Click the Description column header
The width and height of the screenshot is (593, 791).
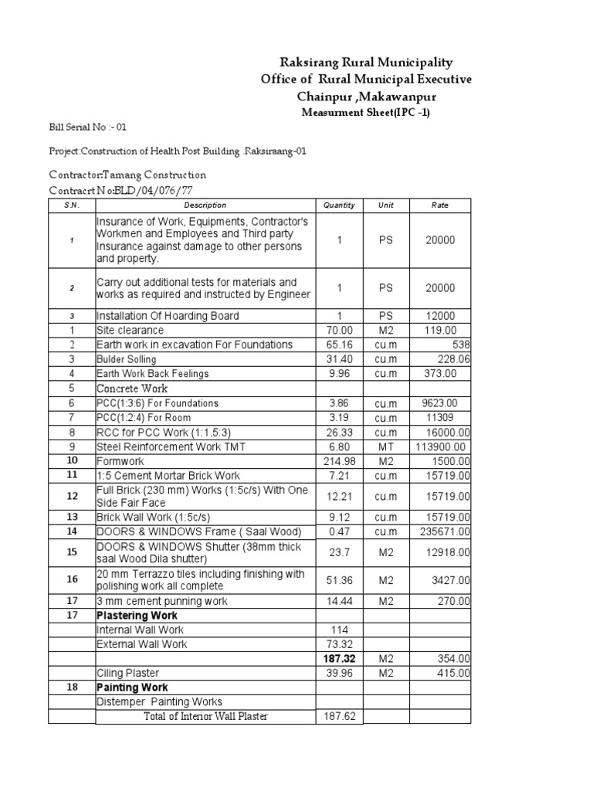(x=205, y=205)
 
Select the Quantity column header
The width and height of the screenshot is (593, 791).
(x=339, y=205)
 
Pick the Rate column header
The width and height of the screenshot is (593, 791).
(x=439, y=205)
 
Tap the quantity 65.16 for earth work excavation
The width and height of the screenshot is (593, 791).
(x=339, y=345)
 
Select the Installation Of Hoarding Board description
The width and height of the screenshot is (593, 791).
(x=168, y=316)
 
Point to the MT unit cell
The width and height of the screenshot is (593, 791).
(x=385, y=446)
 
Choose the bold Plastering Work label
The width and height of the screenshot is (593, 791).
(x=137, y=616)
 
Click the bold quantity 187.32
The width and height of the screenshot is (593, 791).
(x=339, y=658)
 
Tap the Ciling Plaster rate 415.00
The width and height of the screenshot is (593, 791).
(x=452, y=673)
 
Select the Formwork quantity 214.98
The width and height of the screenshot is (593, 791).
(x=339, y=460)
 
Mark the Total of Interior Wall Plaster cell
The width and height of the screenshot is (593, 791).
(x=205, y=716)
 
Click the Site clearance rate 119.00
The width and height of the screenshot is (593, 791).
(x=439, y=330)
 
